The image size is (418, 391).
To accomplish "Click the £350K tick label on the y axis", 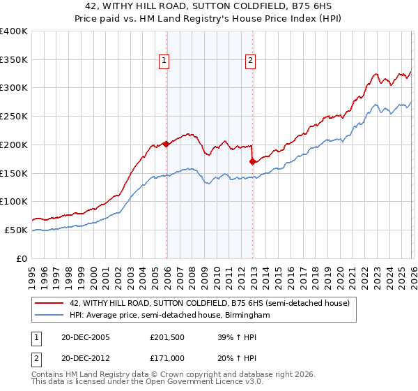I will [x=14, y=59].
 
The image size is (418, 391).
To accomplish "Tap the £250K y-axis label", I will [x=14, y=117].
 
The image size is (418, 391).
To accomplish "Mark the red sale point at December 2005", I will [x=166, y=144].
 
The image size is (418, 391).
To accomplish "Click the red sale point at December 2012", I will [x=252, y=161].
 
